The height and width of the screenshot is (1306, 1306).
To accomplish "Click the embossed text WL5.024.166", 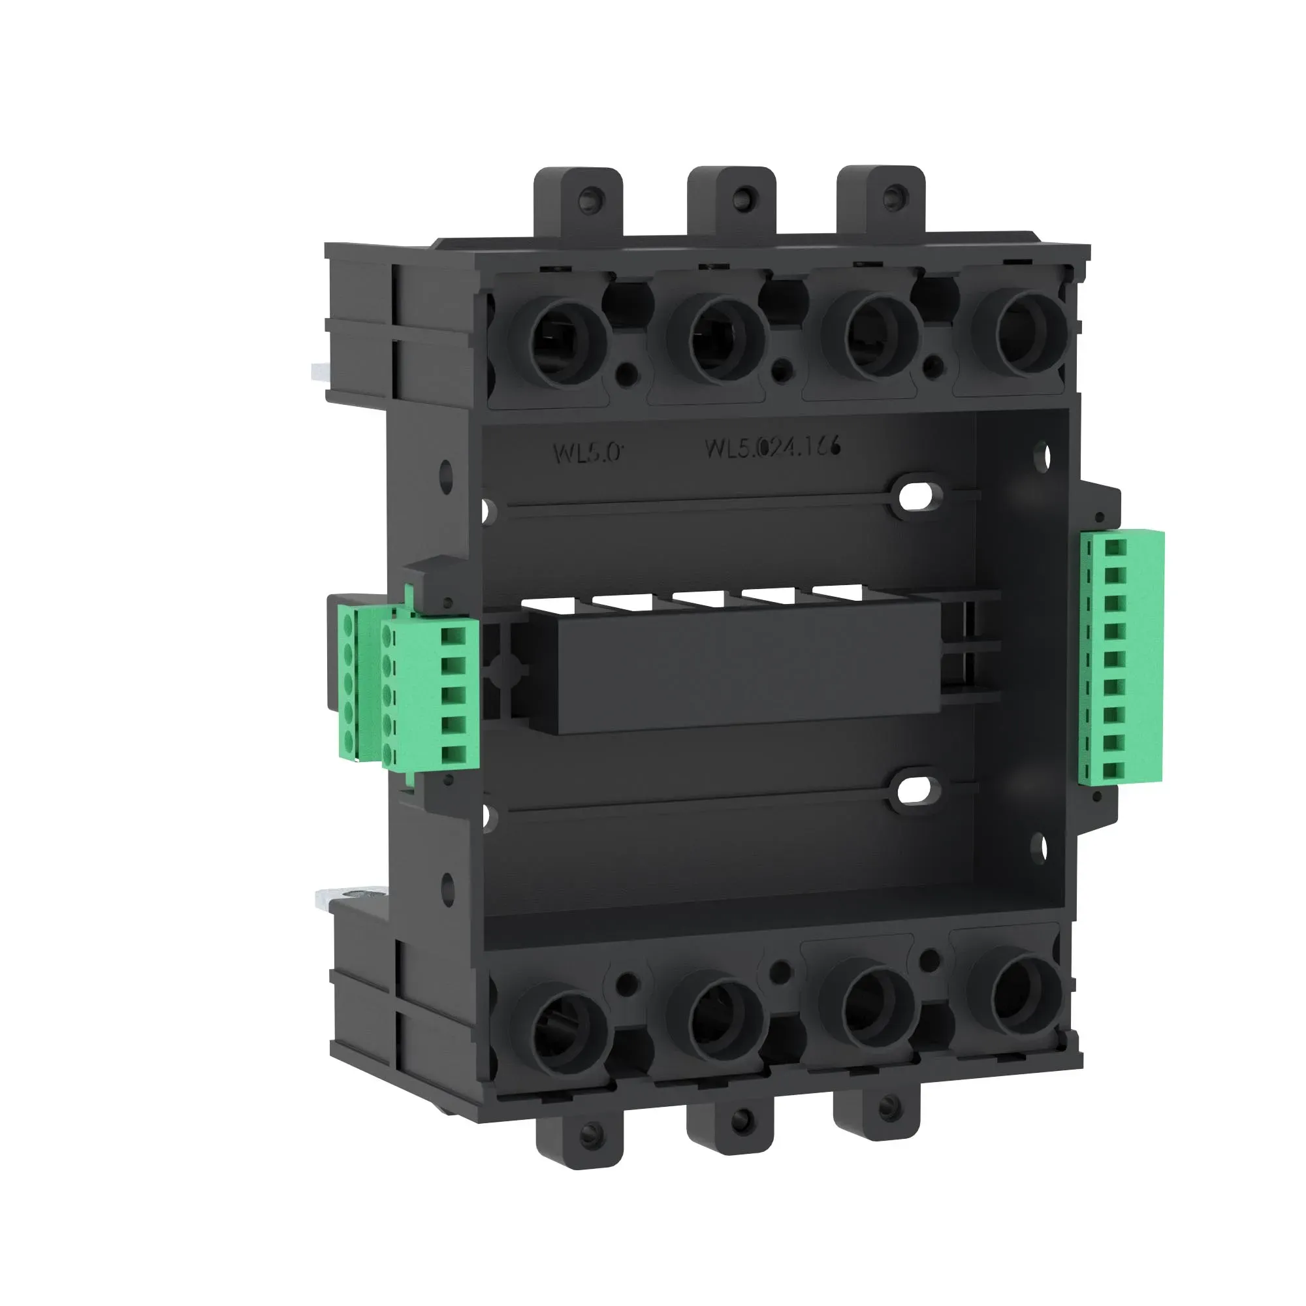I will click(x=772, y=447).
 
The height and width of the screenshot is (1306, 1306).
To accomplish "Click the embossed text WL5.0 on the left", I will click(x=586, y=453).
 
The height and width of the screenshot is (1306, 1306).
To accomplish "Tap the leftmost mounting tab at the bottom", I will click(x=579, y=1133).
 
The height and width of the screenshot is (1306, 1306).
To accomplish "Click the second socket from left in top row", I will click(x=716, y=339).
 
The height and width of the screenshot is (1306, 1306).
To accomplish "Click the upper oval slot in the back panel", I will click(x=917, y=497).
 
